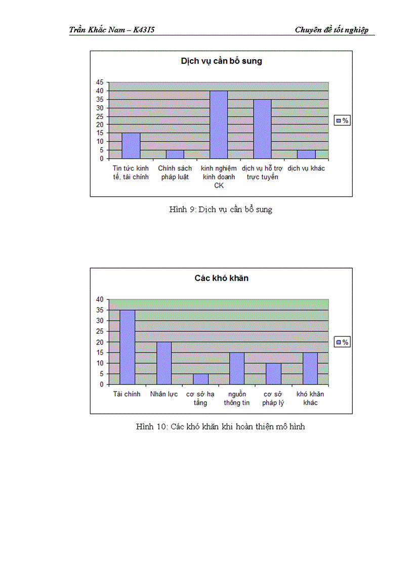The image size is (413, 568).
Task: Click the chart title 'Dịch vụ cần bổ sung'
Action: click(x=221, y=61)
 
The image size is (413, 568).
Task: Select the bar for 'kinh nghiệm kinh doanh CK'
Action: click(x=219, y=124)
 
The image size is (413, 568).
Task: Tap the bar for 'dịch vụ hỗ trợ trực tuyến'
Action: click(x=262, y=129)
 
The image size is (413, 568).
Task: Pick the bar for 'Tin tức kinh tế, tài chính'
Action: click(x=131, y=146)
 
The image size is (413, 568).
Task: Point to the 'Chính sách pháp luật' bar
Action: click(x=175, y=154)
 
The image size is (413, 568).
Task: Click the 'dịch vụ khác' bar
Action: click(x=306, y=154)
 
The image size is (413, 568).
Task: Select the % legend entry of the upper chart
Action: click(x=343, y=120)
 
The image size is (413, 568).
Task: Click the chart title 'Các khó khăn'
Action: click(x=221, y=278)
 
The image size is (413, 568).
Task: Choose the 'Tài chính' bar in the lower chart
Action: click(x=127, y=347)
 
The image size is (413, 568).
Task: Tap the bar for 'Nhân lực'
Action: click(x=164, y=363)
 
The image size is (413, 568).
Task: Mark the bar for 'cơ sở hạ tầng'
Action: click(x=200, y=379)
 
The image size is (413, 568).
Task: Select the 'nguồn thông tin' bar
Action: click(x=237, y=368)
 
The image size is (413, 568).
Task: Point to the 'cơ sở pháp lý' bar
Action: click(x=273, y=374)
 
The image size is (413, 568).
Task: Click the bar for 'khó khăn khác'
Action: click(x=310, y=368)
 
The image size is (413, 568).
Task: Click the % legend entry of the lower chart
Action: click(x=343, y=342)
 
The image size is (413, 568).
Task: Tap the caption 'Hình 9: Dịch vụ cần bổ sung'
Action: click(x=221, y=210)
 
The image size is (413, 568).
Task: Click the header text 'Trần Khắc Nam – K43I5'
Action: click(x=112, y=30)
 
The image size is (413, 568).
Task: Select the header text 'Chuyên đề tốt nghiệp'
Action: click(x=332, y=30)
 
